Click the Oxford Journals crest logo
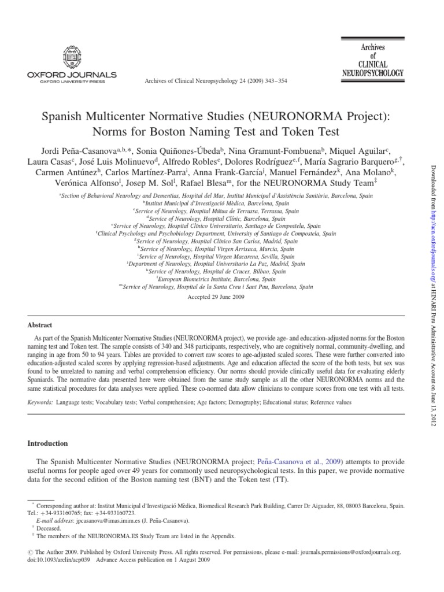click(71, 57)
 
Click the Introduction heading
click(48, 443)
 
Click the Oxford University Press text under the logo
click(71, 82)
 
